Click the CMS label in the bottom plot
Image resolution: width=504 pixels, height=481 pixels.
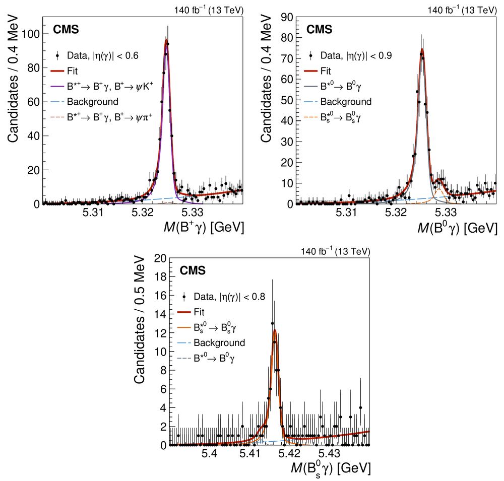[193, 271]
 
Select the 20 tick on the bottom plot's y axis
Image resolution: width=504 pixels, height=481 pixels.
[160, 258]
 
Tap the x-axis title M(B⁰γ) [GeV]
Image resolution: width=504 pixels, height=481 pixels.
[454, 228]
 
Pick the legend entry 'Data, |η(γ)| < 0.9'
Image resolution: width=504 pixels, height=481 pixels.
[356, 55]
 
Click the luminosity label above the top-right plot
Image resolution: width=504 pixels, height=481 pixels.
[462, 10]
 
